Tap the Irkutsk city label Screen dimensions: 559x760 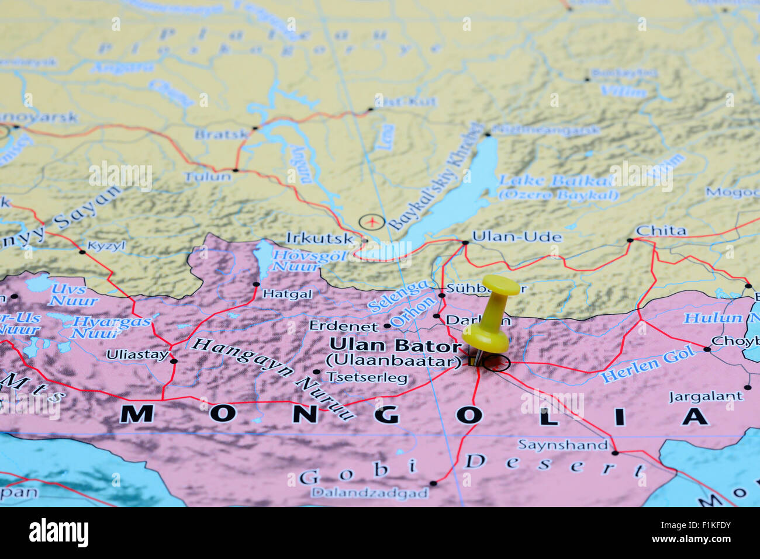tap(319, 238)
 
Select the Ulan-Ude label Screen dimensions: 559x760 tap(517, 237)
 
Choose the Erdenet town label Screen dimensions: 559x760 tap(344, 326)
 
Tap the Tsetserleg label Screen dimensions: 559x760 tap(367, 378)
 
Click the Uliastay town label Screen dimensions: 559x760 tap(137, 355)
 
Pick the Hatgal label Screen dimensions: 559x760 tap(288, 294)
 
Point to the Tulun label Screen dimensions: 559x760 tap(208, 176)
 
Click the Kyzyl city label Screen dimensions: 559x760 tap(106, 246)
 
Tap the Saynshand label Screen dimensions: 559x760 tap(562, 445)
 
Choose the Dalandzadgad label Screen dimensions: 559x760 tap(369, 492)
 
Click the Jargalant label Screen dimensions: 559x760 tap(706, 397)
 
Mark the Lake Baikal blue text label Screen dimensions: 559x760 tap(555, 180)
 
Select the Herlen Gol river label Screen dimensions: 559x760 tap(648, 364)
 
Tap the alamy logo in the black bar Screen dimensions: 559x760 tap(58, 533)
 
